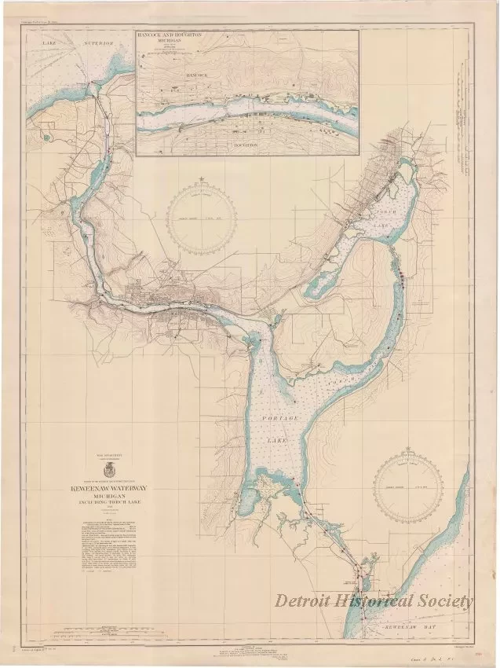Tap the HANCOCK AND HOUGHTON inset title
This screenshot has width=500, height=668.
tap(181, 37)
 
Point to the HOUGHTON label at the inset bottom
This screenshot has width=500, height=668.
tap(247, 146)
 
